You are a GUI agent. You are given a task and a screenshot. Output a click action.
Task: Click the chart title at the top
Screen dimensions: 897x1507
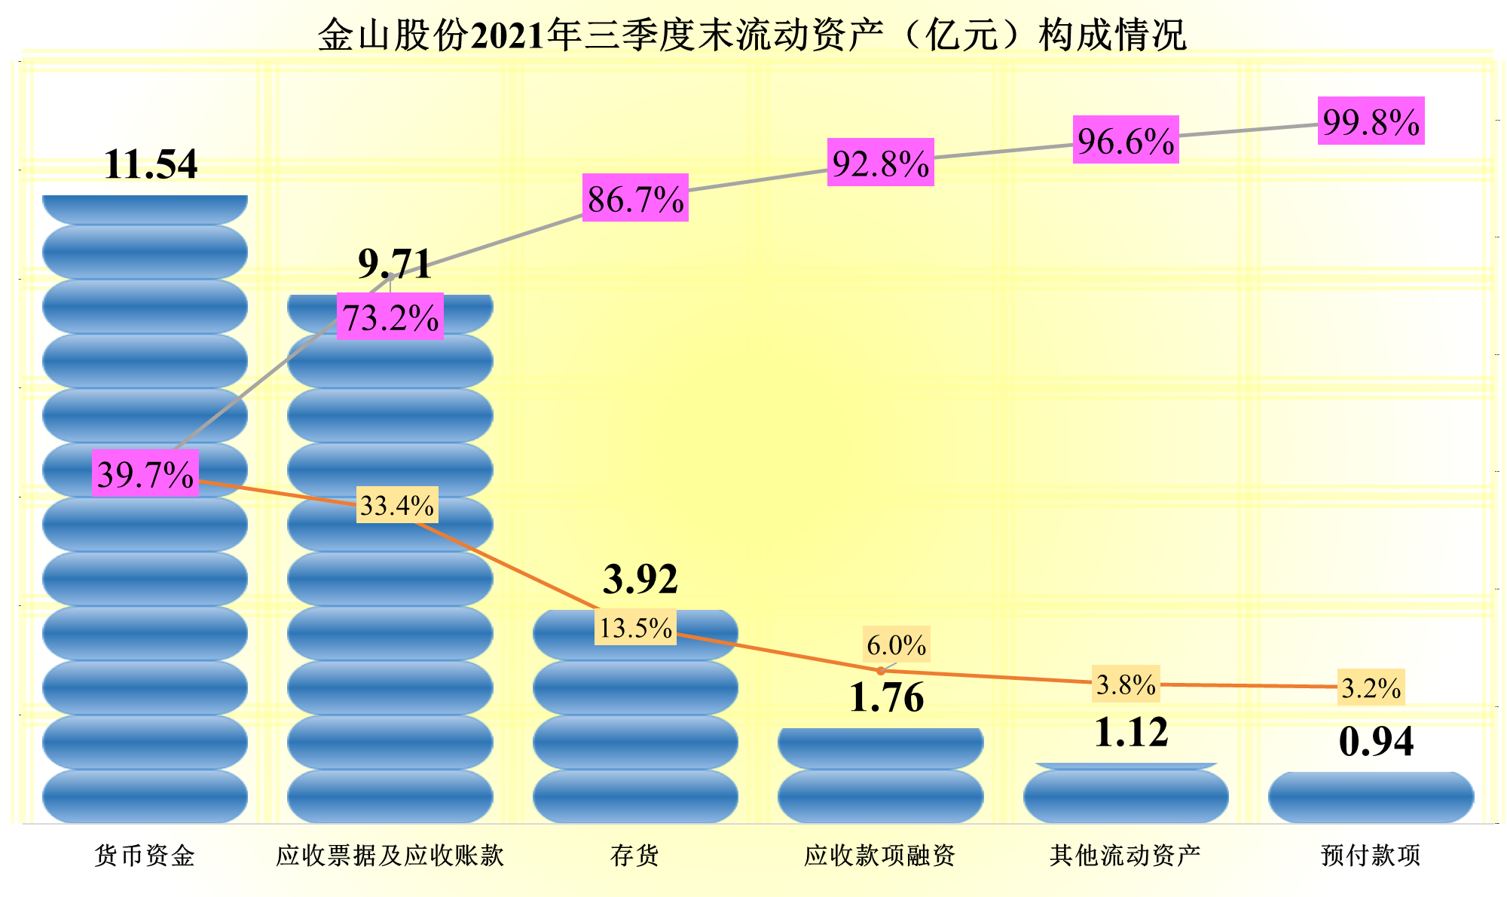click(x=752, y=35)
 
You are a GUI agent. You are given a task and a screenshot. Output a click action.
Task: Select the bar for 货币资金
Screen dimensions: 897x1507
click(x=145, y=603)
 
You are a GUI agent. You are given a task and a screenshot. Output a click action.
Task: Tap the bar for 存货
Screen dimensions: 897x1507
click(x=635, y=724)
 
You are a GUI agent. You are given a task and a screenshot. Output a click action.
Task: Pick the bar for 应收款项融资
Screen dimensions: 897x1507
click(x=880, y=776)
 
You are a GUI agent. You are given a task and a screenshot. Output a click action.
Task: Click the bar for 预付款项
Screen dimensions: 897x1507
click(x=1371, y=798)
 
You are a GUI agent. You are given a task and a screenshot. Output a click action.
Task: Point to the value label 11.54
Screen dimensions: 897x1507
click(x=151, y=164)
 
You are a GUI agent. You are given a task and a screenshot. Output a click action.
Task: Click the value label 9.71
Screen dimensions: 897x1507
click(x=395, y=264)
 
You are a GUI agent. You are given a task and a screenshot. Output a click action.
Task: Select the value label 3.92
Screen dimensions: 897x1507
click(x=640, y=579)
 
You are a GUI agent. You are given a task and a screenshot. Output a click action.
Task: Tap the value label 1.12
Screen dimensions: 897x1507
click(x=1130, y=732)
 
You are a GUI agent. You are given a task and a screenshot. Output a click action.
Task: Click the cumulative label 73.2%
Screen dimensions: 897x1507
click(x=390, y=317)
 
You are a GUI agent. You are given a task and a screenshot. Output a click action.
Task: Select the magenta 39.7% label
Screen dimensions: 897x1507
click(x=145, y=474)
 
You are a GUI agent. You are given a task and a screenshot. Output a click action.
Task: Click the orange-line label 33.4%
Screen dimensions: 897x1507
click(x=397, y=505)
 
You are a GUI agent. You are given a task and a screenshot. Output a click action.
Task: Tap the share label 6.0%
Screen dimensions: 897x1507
click(x=896, y=645)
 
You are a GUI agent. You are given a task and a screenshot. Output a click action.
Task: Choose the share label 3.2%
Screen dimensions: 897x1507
click(x=1371, y=687)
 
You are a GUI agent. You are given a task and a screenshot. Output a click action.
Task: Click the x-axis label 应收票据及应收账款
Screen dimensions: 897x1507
click(x=390, y=856)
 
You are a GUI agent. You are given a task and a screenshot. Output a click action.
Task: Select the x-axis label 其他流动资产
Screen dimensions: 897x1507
click(x=1125, y=856)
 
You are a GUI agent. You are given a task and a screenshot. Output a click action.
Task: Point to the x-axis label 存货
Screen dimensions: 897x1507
click(x=635, y=856)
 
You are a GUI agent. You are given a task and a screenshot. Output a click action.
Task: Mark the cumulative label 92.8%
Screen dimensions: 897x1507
click(x=880, y=163)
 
